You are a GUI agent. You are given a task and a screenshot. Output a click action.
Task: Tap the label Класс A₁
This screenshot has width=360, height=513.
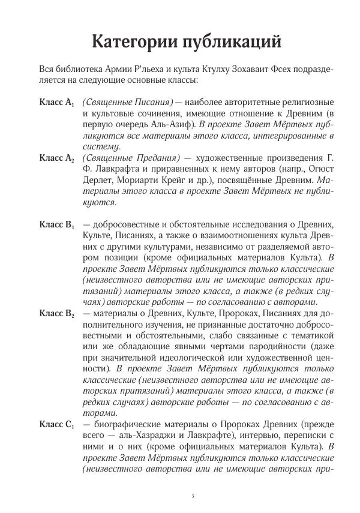(56, 103)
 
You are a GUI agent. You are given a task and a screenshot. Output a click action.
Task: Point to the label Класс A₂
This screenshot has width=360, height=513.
(56, 158)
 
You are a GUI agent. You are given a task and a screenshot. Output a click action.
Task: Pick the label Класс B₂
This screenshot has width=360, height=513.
(56, 313)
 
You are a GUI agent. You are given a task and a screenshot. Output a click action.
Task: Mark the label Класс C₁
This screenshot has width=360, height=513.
(56, 424)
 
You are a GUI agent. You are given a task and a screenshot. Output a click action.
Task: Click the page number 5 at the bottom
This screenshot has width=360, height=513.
(193, 496)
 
